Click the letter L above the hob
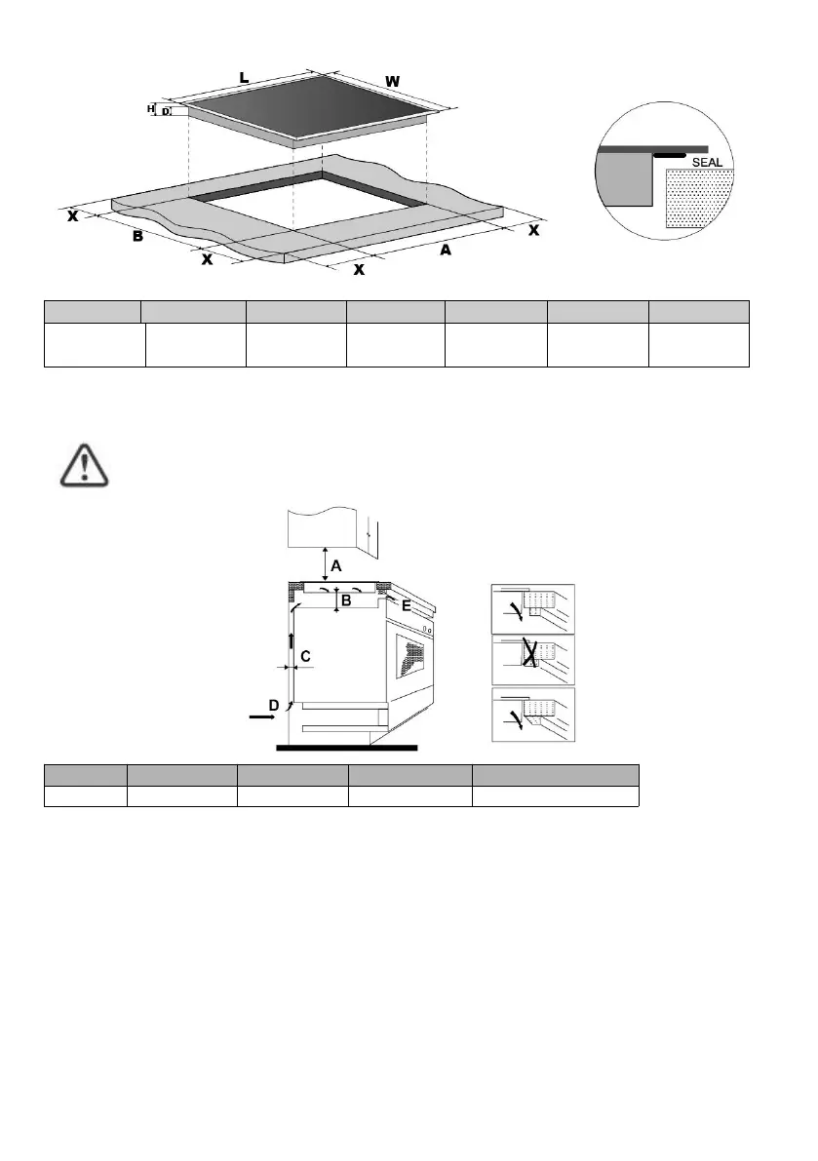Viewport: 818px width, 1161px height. click(x=244, y=76)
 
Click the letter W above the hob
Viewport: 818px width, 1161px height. click(x=391, y=81)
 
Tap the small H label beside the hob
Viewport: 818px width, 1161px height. click(x=151, y=109)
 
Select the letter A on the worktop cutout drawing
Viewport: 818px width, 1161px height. click(x=446, y=250)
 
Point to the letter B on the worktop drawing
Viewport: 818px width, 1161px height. click(x=138, y=237)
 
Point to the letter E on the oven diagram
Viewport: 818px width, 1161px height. click(x=406, y=605)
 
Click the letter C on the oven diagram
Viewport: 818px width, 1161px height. click(x=305, y=657)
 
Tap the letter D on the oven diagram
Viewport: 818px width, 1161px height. click(x=274, y=704)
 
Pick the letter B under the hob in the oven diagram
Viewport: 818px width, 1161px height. click(x=345, y=601)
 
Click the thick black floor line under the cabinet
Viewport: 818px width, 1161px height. click(x=347, y=749)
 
